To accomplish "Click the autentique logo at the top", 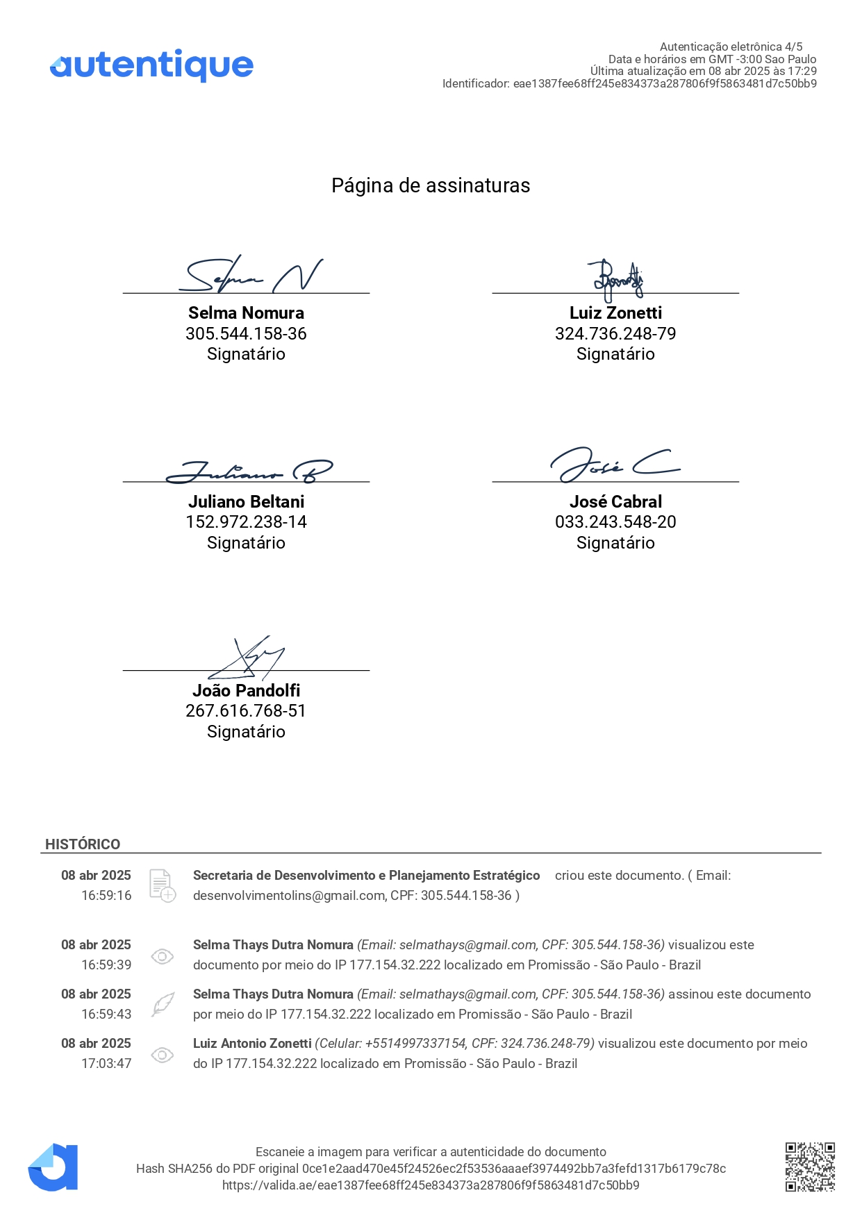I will (x=151, y=65).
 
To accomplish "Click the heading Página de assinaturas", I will (x=431, y=185).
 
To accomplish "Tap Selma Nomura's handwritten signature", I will (x=250, y=275).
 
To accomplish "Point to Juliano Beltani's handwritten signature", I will (x=249, y=471).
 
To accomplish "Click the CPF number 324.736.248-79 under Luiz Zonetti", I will (x=615, y=334).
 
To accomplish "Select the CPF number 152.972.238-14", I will (x=246, y=522).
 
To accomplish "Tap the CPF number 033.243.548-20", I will (x=615, y=522).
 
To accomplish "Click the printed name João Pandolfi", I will (x=246, y=690).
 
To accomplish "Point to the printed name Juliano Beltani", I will (x=246, y=501).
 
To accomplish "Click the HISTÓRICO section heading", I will (x=83, y=844).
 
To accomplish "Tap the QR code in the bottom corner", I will (x=810, y=1167).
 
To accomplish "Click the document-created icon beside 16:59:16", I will (x=163, y=885).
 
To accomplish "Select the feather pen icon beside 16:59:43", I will (x=163, y=1004).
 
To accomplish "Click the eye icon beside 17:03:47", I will (x=163, y=1055).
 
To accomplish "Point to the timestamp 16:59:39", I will (x=106, y=965).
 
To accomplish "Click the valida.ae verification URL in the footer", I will (x=431, y=1185).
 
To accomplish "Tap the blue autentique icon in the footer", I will (x=53, y=1167).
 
